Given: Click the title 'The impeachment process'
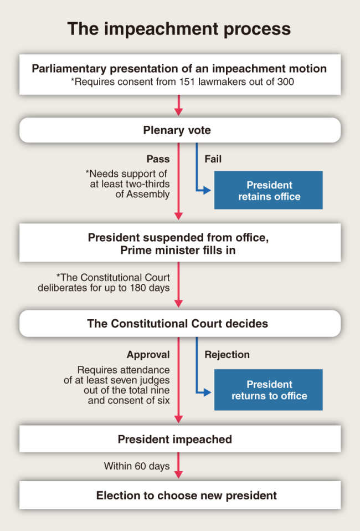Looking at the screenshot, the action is coord(179,29).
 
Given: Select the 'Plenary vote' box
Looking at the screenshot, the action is coord(180,130).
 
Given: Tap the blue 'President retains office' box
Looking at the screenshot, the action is coord(268,190).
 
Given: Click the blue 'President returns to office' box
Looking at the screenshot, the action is coord(268,390).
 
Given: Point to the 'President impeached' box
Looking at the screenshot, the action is coord(180,439).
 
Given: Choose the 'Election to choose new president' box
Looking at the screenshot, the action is coord(180,495).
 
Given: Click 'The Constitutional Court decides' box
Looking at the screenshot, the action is coord(180,323).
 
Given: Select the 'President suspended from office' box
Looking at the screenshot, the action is coord(180,242).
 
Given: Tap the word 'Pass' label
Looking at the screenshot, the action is coord(158,159).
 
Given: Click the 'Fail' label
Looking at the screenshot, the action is coord(213,159).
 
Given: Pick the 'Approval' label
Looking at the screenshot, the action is coord(148,355).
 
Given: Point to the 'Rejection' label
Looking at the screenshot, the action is coord(227,355).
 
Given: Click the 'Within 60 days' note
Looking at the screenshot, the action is coord(137,466).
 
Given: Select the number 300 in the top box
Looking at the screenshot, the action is coord(286,81).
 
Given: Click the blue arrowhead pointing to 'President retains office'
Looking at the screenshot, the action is coord(207,190).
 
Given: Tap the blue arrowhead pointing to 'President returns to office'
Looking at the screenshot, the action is coord(207,392).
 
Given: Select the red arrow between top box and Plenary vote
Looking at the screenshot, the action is coord(179,105).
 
